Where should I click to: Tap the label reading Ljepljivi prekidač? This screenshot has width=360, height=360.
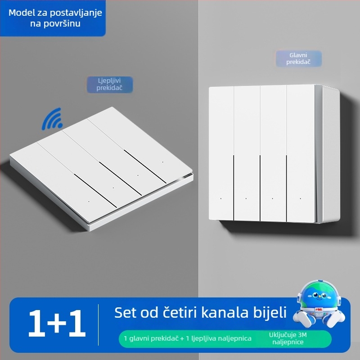[x=109, y=84]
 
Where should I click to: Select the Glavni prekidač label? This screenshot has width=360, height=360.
[x=298, y=58]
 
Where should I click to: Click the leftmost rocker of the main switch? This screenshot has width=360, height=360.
[x=221, y=153]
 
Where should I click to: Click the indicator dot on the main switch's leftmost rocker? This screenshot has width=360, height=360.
[x=221, y=198]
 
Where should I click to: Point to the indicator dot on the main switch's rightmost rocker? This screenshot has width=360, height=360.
[x=299, y=198]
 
